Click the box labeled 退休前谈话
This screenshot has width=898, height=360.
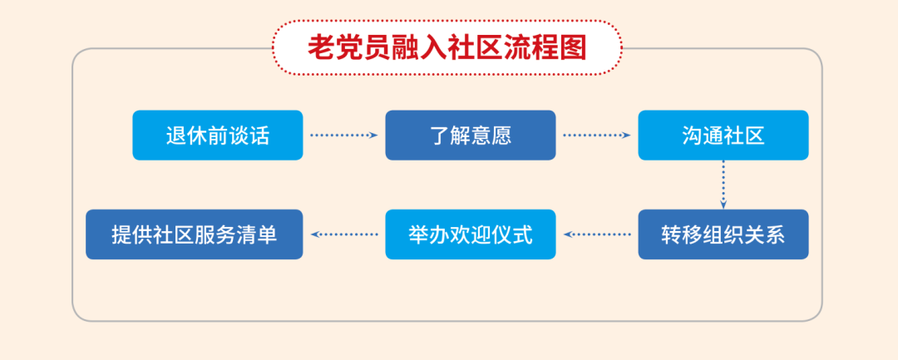click(x=218, y=135)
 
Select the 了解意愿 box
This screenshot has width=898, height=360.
click(x=470, y=135)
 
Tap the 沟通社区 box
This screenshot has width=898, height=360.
click(x=723, y=135)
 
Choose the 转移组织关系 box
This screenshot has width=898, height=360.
click(x=723, y=234)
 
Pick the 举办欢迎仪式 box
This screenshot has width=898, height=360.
click(x=470, y=234)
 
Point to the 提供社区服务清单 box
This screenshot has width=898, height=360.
click(x=194, y=234)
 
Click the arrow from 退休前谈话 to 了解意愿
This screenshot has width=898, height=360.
click(x=344, y=135)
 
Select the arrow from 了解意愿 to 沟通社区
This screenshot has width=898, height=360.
click(x=597, y=135)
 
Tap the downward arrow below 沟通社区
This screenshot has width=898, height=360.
click(x=723, y=185)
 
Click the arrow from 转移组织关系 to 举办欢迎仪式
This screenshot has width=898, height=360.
click(x=597, y=234)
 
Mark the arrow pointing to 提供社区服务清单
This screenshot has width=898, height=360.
click(x=344, y=234)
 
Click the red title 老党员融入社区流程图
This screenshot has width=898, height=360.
click(x=447, y=47)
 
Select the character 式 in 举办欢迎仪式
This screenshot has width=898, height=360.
click(x=522, y=234)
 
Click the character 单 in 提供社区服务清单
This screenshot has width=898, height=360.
click(x=267, y=234)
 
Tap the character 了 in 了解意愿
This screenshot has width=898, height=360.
click(x=440, y=136)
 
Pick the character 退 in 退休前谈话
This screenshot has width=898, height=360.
click(x=176, y=136)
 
